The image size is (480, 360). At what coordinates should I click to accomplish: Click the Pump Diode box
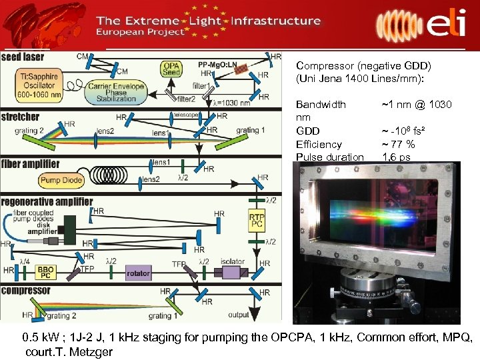click(x=60, y=179)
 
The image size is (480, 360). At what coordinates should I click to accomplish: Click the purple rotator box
click(x=138, y=273)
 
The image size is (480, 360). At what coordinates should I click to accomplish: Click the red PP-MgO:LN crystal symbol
click(x=248, y=68)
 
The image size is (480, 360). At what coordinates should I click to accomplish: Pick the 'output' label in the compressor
click(x=239, y=315)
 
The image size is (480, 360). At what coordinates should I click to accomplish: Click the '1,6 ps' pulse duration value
click(x=396, y=157)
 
